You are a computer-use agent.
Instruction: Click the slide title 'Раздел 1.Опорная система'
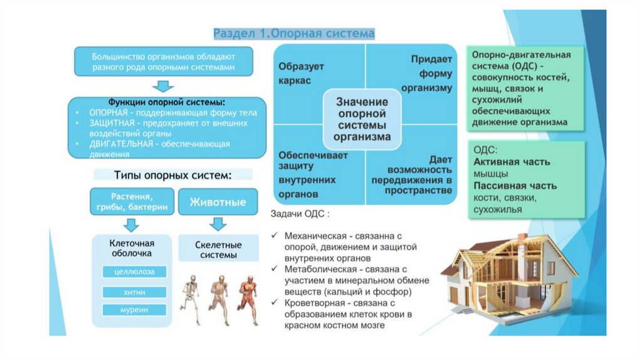[294, 33]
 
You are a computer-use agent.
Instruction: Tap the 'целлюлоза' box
[135, 272]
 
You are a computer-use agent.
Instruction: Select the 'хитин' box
[135, 292]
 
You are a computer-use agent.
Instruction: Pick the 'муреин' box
[135, 310]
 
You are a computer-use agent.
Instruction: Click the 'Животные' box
[218, 202]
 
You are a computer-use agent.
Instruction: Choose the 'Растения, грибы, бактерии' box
[131, 202]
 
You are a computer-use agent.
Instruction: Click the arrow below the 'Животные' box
[218, 224]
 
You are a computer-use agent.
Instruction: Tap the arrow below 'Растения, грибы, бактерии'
[131, 224]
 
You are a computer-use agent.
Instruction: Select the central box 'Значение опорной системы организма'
[363, 119]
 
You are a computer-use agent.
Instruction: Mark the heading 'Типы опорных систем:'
[173, 174]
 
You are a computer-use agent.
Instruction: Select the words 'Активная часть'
[512, 162]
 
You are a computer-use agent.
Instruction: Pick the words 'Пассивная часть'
[515, 186]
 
